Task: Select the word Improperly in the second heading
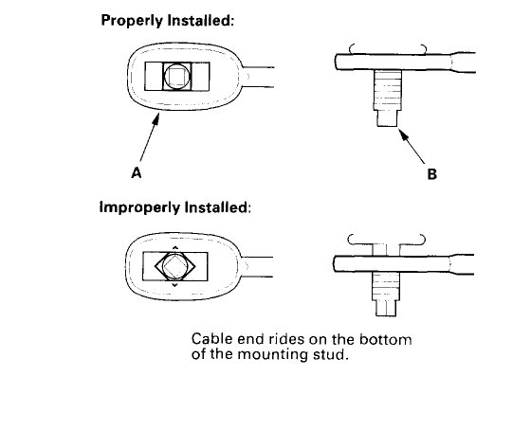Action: pyautogui.click(x=137, y=206)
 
